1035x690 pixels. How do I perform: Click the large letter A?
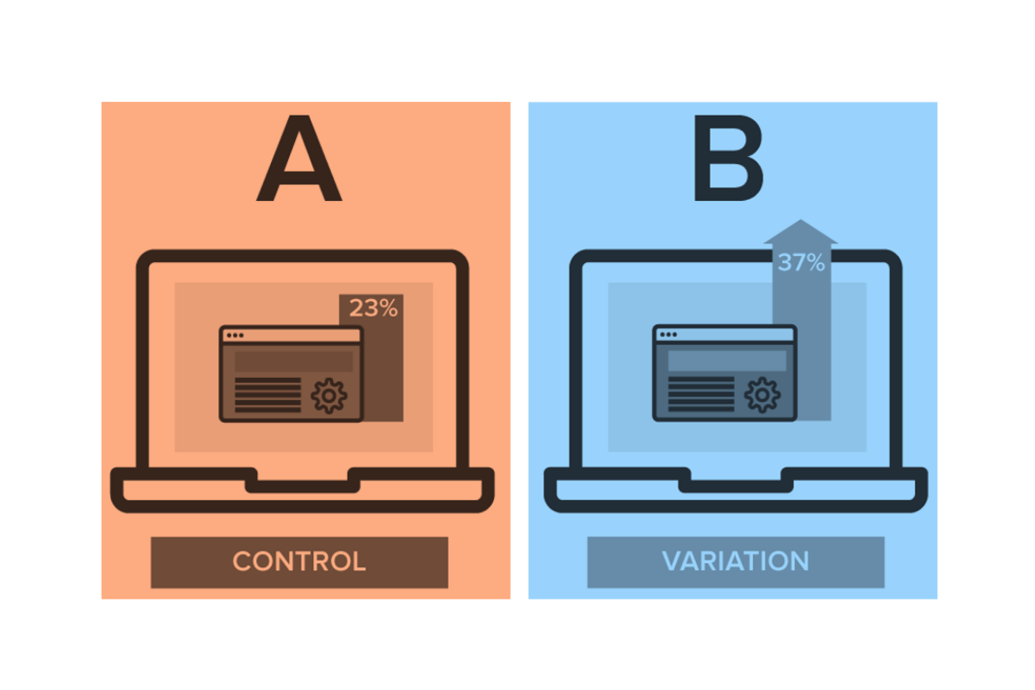click(x=298, y=162)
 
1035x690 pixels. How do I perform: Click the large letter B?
click(x=729, y=162)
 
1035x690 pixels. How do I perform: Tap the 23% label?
click(x=373, y=308)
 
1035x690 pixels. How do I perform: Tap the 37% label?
click(x=801, y=262)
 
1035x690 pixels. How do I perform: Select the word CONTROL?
click(x=299, y=561)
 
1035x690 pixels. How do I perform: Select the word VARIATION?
click(x=736, y=561)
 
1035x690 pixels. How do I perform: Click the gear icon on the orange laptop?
click(x=329, y=395)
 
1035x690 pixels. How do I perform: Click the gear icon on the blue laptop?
click(x=762, y=395)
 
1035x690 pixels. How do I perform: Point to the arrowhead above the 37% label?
click(x=801, y=230)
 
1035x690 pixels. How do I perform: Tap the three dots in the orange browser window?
click(x=234, y=335)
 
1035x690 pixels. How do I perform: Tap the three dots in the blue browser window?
click(x=667, y=335)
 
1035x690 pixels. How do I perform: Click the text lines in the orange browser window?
click(x=268, y=394)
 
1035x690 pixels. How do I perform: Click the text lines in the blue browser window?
click(x=701, y=394)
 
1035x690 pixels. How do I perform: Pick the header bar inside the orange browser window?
click(x=293, y=361)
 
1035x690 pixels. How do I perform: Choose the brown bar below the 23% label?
click(x=385, y=379)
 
